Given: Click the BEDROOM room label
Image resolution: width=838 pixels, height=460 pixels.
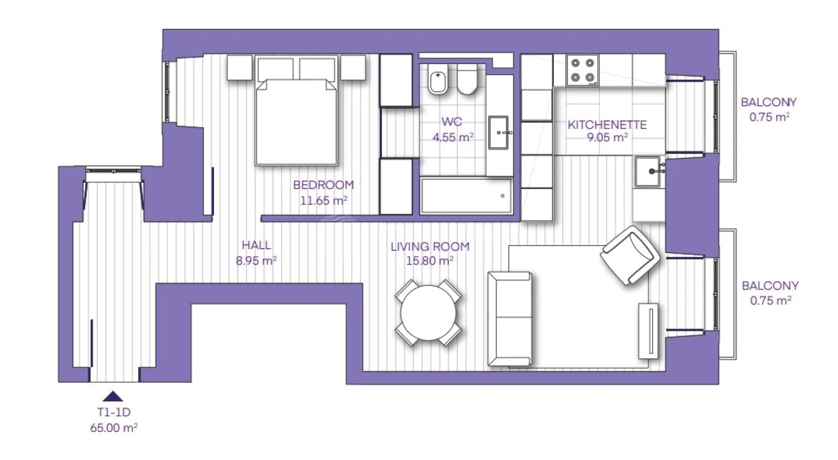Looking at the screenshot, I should coord(323,185).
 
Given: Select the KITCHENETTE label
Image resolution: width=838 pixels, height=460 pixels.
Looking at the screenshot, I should coord(607,125).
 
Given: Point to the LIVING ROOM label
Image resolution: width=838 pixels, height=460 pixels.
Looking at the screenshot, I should coord(430,246).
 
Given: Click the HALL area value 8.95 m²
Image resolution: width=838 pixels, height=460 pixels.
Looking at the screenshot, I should coord(255,260).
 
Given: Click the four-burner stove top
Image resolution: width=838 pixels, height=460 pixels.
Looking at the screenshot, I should coord(583,70).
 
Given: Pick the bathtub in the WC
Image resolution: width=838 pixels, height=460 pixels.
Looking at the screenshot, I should coord(466,195).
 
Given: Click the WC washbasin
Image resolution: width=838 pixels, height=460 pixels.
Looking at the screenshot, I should coord(499,133).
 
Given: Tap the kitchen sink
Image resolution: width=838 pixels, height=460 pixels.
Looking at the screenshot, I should coord(650,171).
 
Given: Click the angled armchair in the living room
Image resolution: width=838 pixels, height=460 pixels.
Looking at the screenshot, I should coord(630,254).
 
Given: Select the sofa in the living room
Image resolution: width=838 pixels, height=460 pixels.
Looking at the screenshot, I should coord(510,318).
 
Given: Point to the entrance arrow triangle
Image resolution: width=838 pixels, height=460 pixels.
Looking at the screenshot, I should coord(113,395).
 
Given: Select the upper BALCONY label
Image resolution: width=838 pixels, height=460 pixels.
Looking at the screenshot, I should coord(769,102).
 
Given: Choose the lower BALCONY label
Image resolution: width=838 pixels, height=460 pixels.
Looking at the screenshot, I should coord(769,286).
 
